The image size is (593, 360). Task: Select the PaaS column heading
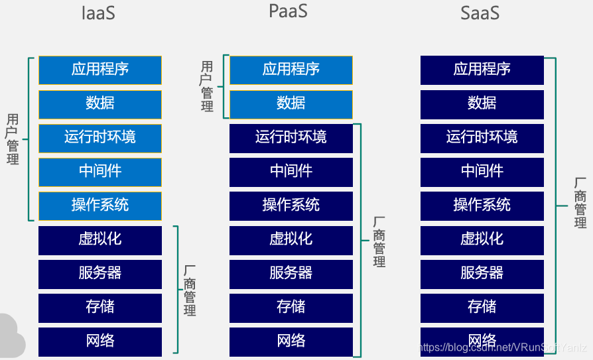(289, 11)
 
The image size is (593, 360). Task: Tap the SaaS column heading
(480, 13)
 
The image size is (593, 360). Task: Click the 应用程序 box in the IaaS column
(99, 70)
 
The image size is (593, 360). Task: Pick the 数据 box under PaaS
(291, 103)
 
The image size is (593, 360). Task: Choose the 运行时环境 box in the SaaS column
(482, 137)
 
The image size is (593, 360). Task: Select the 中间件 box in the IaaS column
(99, 172)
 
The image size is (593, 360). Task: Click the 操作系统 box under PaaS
(291, 206)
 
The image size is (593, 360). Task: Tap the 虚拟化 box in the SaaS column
(482, 239)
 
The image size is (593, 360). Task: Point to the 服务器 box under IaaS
(99, 273)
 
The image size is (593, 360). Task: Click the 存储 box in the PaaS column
(291, 307)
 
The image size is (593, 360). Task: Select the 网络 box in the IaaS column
(99, 341)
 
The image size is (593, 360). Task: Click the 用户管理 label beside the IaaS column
(13, 139)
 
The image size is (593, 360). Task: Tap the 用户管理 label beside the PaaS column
(207, 86)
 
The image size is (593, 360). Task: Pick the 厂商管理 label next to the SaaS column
(580, 203)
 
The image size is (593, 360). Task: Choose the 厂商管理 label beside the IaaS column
(190, 290)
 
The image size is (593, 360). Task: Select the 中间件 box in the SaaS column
(482, 172)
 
